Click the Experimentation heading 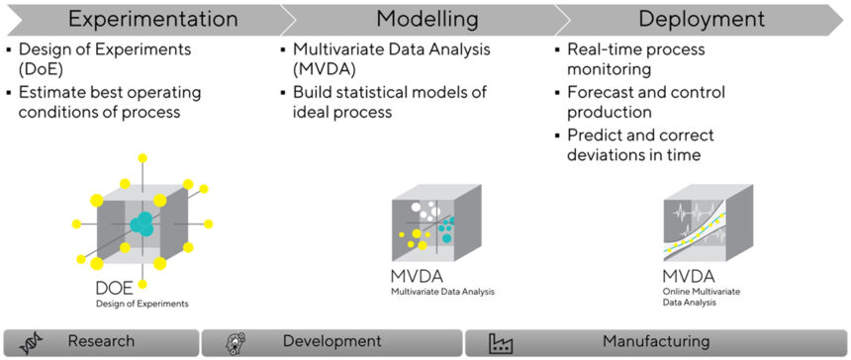152,19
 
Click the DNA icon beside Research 32,342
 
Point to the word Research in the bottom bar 101,341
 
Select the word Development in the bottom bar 331,341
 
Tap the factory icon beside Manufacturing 501,342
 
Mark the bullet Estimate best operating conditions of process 110,102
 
